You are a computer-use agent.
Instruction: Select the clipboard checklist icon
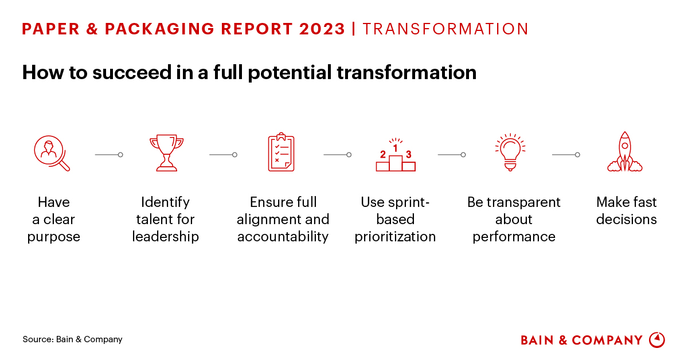[x=281, y=152]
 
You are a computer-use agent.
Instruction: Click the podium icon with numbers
[x=396, y=157]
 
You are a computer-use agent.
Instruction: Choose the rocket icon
[x=625, y=152]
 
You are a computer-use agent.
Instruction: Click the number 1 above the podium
[x=395, y=148]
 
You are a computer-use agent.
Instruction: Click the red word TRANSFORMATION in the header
[x=445, y=29]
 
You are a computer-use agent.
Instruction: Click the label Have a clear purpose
[x=53, y=220]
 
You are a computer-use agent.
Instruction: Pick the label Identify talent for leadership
[x=165, y=220]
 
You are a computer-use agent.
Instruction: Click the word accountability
[x=283, y=237]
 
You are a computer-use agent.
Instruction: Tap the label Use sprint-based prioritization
[x=395, y=220]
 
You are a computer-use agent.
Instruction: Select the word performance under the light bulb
[x=514, y=237]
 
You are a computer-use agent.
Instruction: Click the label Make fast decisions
[x=626, y=211]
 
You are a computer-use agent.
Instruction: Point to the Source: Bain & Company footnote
[x=72, y=339]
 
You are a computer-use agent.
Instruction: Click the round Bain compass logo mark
[x=656, y=340]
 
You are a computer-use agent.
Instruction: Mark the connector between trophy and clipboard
[x=223, y=154]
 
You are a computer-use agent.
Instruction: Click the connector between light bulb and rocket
[x=566, y=154]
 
